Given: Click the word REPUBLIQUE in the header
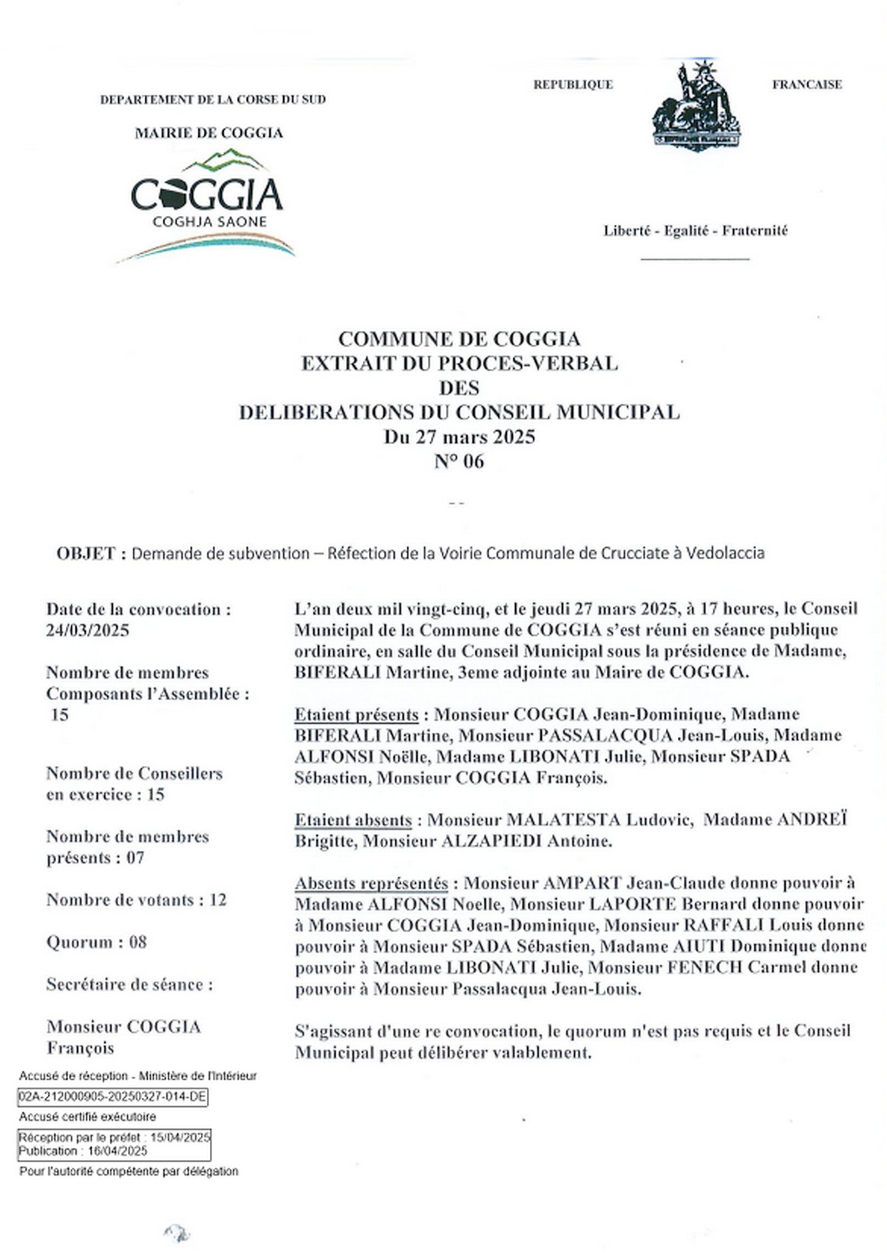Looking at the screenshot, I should (573, 84).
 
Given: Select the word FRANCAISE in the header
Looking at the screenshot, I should (806, 84).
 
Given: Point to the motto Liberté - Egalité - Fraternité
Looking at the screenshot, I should (696, 231).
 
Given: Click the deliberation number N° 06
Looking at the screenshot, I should (459, 461).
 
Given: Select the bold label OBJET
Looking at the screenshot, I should (86, 553).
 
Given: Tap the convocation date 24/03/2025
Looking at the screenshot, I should (87, 631).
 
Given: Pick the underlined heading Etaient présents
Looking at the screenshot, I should (356, 715).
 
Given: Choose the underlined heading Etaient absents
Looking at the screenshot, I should (353, 820).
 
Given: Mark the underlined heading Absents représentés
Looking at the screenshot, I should (371, 884).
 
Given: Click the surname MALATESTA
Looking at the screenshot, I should (563, 820).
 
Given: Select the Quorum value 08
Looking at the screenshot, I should (137, 943).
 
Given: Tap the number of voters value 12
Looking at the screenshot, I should (217, 901).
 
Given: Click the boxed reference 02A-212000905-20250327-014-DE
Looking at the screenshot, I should (112, 1097).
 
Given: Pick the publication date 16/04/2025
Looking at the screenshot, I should (118, 1151).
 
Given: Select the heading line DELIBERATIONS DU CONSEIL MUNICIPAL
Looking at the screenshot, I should (459, 413).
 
